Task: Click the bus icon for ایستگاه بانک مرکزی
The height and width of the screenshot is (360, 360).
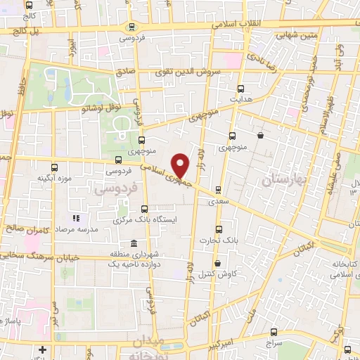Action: (x=145, y=209)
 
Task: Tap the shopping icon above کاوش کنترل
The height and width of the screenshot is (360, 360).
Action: (x=218, y=264)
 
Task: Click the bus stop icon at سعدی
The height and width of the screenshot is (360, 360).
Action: (x=218, y=189)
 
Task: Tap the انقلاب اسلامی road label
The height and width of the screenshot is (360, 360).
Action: (x=236, y=23)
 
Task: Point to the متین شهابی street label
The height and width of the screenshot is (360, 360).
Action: (x=297, y=33)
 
